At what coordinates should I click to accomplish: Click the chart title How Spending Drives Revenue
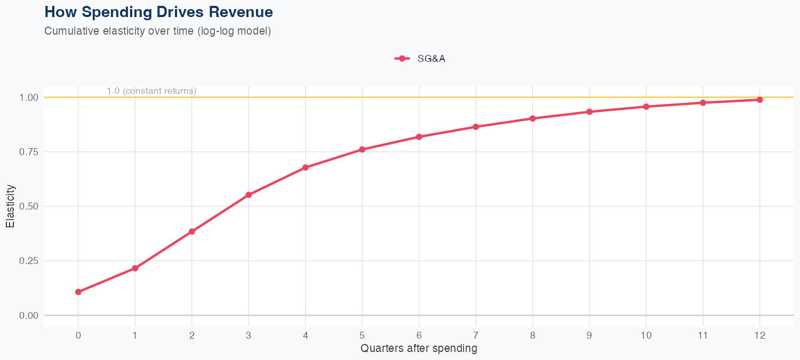click(158, 12)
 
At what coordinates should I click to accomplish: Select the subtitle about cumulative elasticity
click(158, 31)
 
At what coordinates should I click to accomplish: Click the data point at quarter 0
click(78, 292)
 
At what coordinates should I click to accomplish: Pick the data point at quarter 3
click(249, 195)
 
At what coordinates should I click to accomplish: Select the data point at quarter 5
click(362, 149)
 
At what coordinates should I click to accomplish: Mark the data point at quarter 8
click(532, 118)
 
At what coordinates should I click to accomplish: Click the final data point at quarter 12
click(759, 100)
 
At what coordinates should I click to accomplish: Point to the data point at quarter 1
click(135, 268)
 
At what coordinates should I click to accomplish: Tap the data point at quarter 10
click(646, 107)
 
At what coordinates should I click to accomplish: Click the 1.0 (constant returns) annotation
click(151, 91)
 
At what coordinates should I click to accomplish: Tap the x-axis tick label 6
click(419, 335)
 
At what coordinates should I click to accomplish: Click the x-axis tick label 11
click(702, 335)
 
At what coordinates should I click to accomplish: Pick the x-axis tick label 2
click(191, 335)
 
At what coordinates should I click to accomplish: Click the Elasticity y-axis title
click(10, 206)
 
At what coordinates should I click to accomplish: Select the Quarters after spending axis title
click(419, 349)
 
